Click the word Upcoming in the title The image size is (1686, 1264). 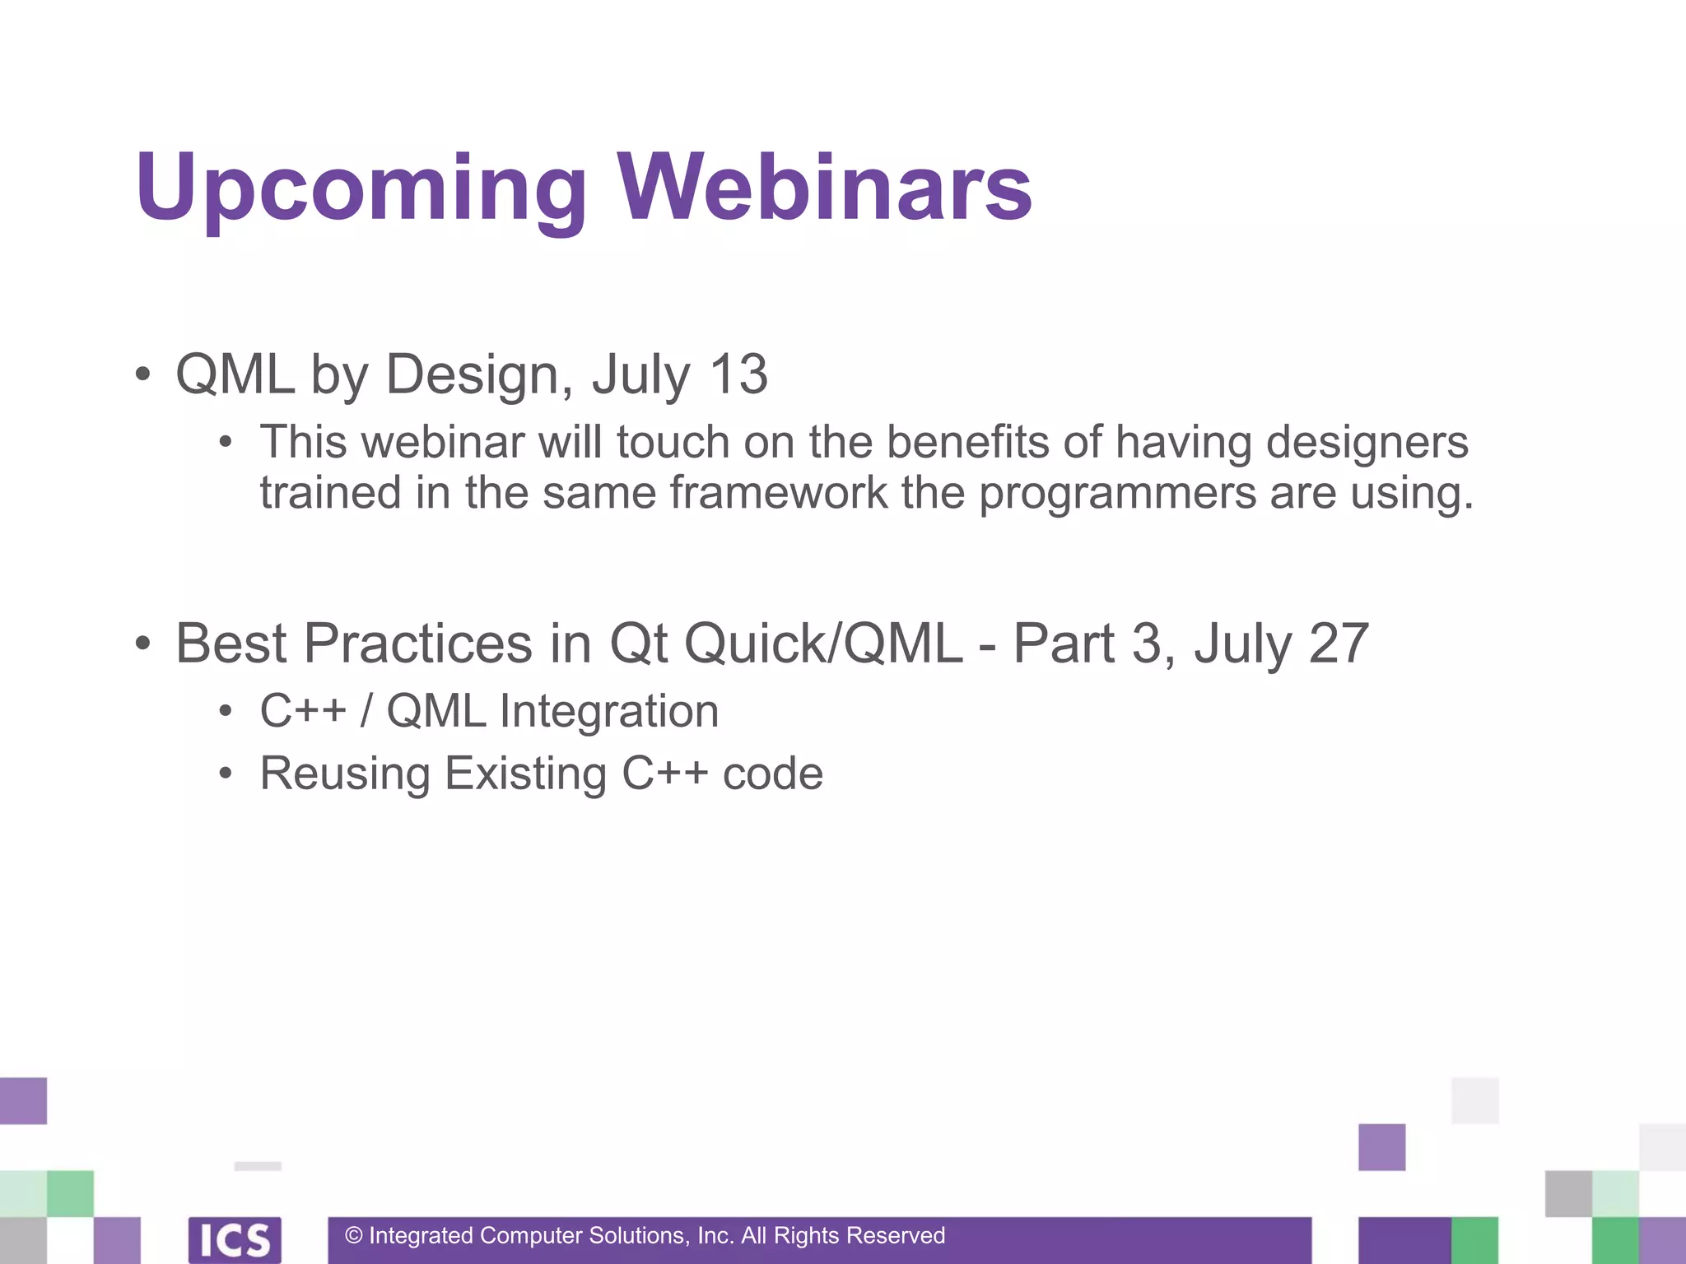361,189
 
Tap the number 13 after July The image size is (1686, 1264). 738,374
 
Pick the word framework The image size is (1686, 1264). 779,494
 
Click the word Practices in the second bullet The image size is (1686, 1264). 418,644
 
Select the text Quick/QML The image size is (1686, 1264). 823,644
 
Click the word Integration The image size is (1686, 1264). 609,712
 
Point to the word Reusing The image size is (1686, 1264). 345,775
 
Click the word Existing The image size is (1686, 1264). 526,775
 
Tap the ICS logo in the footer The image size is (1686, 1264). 235,1239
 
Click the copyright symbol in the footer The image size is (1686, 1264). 354,1236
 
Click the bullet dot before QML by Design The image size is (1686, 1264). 143,375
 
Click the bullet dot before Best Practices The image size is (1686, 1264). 143,644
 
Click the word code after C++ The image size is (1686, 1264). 772,775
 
